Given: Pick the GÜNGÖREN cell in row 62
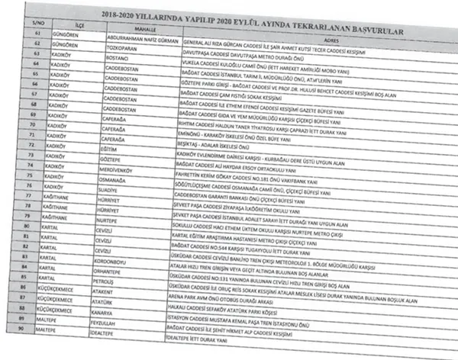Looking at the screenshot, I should [66, 45].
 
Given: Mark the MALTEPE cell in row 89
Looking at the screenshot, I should [45, 321].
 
